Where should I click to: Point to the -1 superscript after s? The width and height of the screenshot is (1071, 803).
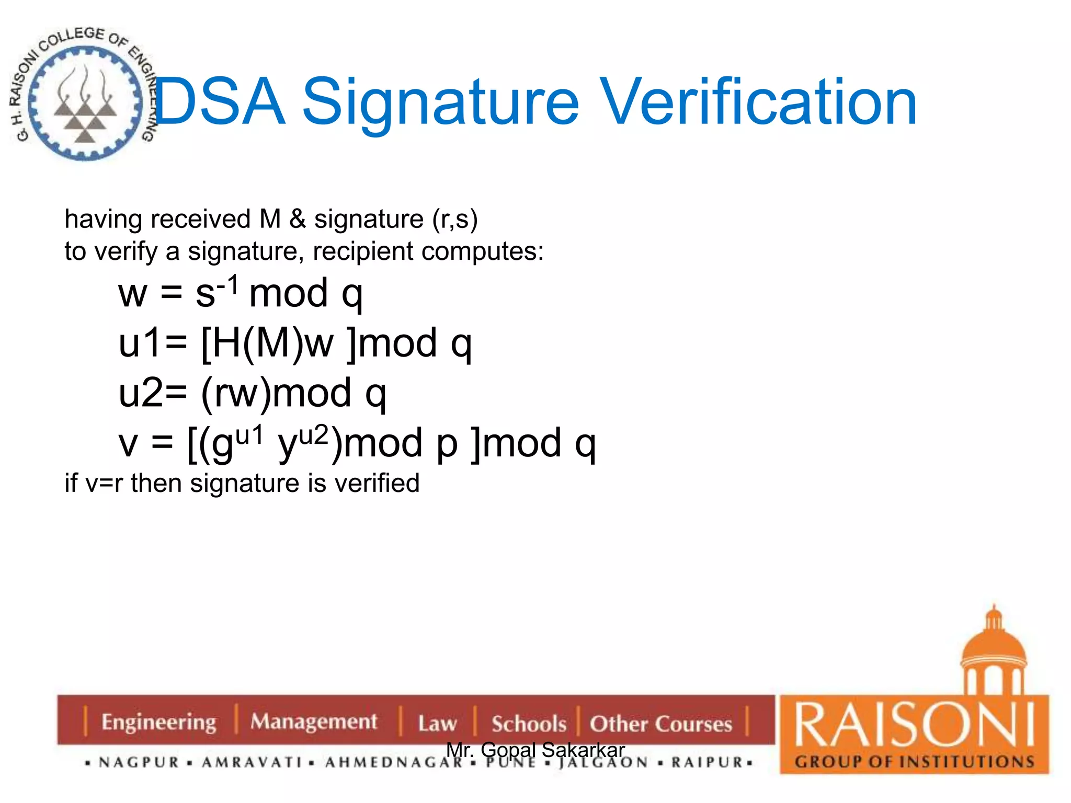pos(228,285)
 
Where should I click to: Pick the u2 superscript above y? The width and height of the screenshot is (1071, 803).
pos(313,435)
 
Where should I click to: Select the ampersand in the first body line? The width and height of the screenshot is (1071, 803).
pos(297,219)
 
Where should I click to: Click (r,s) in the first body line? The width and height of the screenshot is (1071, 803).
pos(454,219)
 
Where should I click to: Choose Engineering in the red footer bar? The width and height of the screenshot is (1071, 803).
pos(158,722)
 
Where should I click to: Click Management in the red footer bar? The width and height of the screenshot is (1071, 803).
pos(314,721)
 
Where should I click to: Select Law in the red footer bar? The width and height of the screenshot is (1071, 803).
pos(437,724)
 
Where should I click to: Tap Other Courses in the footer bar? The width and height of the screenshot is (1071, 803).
pos(661,724)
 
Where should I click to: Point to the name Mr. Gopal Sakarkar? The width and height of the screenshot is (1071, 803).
pos(535,750)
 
